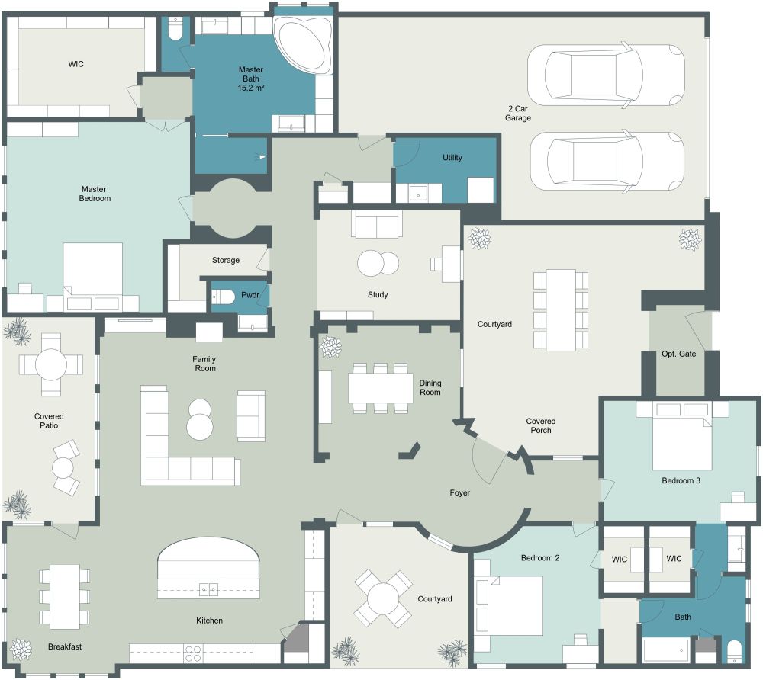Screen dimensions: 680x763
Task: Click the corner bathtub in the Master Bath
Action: (304, 44)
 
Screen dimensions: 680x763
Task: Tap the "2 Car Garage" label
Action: (517, 113)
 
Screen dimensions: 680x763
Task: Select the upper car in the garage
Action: (605, 74)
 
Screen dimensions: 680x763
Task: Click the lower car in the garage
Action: (605, 160)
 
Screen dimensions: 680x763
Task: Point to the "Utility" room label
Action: (452, 158)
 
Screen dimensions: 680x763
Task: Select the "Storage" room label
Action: (226, 261)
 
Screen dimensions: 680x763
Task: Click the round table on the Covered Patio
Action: (51, 364)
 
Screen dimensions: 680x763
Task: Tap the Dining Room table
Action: (380, 387)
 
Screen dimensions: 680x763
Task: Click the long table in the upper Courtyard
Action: (561, 310)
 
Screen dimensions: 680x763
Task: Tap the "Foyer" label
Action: (459, 493)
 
